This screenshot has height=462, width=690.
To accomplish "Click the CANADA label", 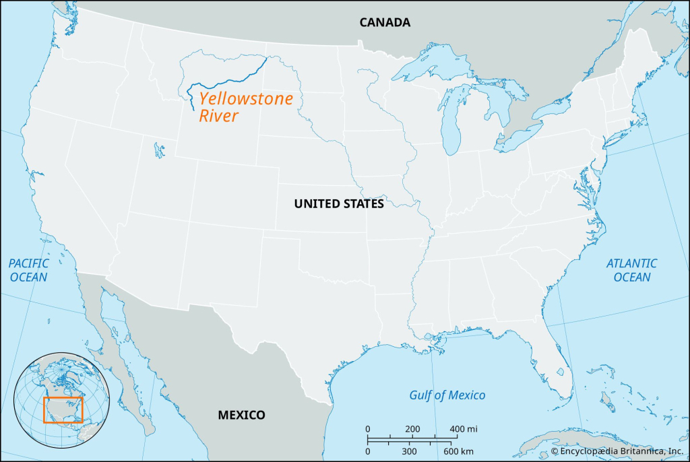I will pos(384,22).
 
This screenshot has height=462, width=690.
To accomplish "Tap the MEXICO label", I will pos(241,415).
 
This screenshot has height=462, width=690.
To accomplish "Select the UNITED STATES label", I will pos(339,203).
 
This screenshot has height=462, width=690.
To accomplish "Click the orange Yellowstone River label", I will pos(245,108).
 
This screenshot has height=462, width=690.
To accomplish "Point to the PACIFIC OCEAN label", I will pos(28,270).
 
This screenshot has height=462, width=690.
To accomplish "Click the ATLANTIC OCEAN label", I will pos(631,270).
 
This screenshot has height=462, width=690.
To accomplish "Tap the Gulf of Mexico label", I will pos(447,395).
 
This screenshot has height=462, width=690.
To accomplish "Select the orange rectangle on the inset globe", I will pos(63,409).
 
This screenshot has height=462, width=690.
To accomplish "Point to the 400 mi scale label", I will pos(464,429).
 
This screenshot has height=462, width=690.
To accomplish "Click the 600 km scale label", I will pos(458,451).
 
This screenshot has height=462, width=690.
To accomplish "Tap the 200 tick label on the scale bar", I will pos(413,429).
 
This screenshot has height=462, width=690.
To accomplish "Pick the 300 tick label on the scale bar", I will pos(408,451).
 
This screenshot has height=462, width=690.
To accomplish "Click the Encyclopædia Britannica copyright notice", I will pos(617,451).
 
